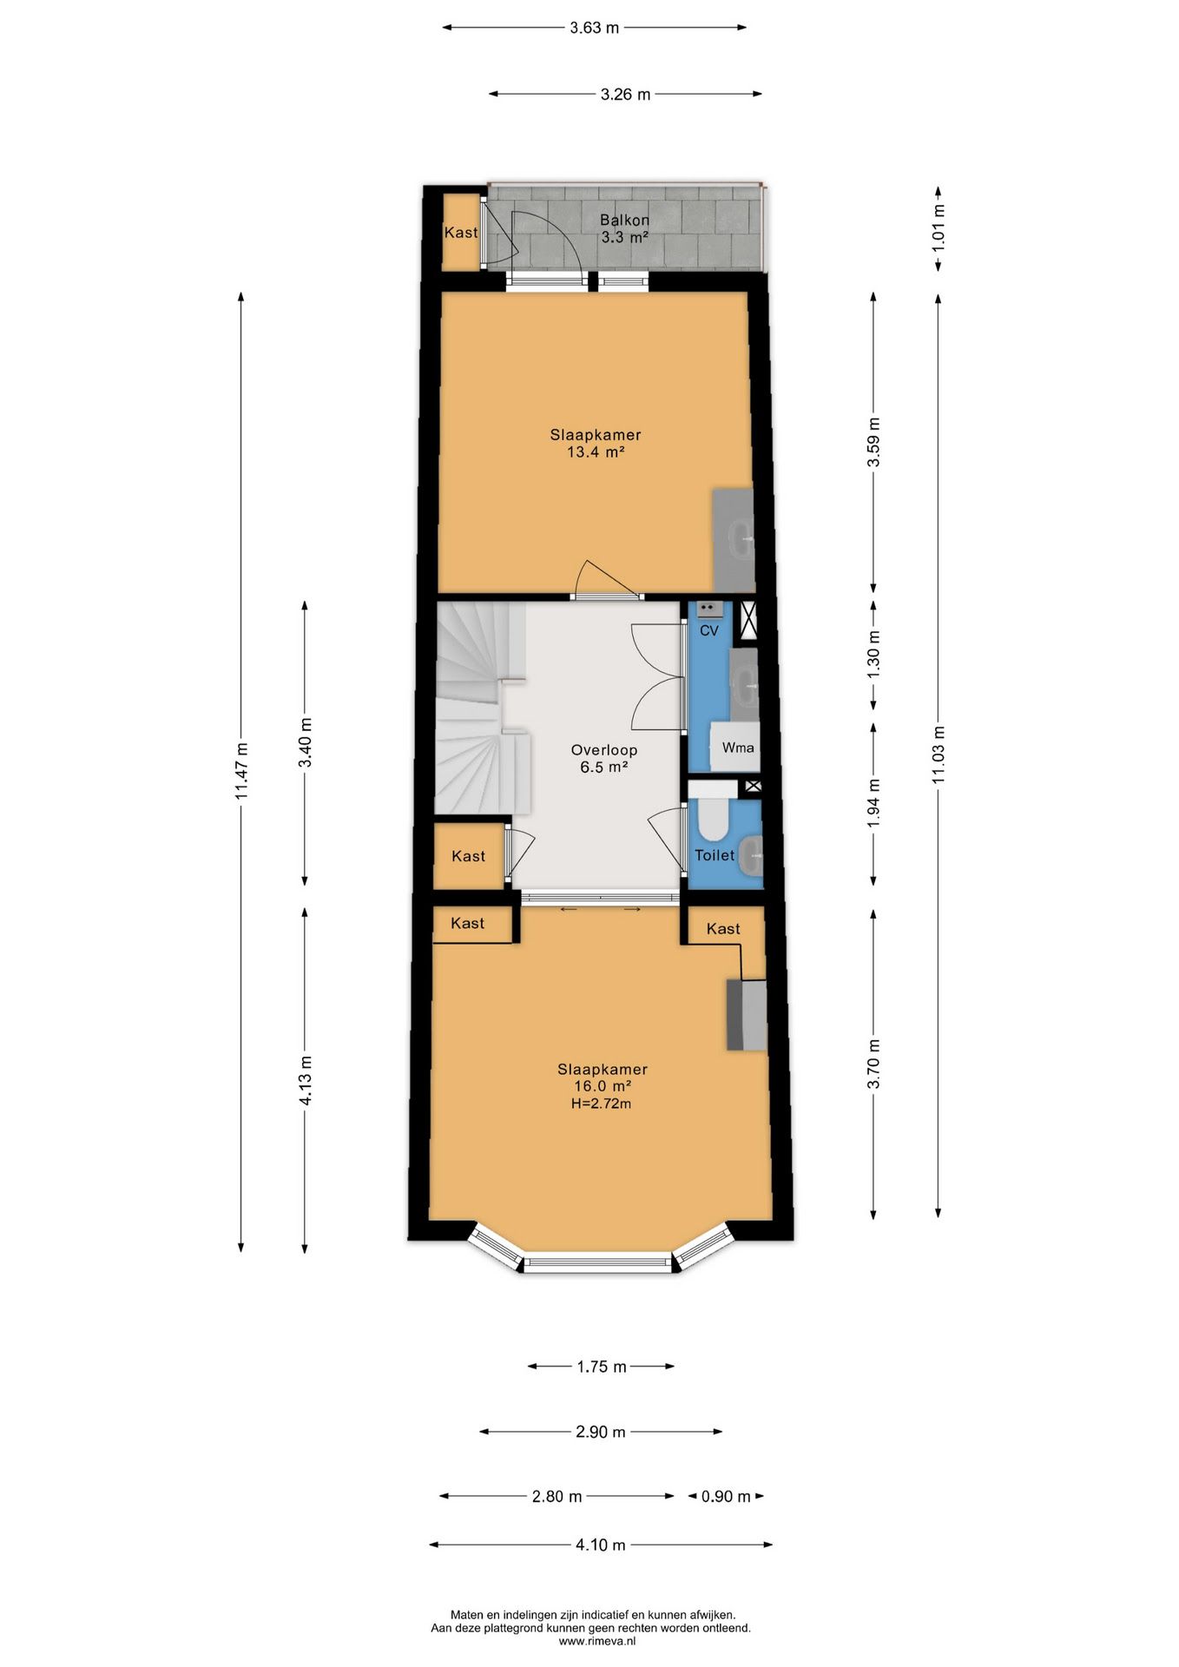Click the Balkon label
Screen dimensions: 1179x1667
624,221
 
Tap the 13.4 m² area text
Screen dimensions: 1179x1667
596,452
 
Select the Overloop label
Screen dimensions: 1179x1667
604,750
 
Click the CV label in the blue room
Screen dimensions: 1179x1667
709,630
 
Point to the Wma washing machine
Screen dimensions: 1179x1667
736,747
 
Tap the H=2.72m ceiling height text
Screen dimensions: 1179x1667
602,1104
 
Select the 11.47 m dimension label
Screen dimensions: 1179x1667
241,771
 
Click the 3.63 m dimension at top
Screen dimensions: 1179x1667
595,28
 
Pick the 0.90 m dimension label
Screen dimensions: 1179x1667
726,1496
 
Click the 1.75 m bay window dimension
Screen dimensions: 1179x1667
602,1367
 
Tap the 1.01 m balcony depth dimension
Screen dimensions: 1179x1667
939,228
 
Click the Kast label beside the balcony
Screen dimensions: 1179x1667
461,233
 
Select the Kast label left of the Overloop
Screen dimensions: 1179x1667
469,856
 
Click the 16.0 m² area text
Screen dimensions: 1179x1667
603,1086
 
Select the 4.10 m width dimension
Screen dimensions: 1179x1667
601,1545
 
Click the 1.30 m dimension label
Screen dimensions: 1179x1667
873,654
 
